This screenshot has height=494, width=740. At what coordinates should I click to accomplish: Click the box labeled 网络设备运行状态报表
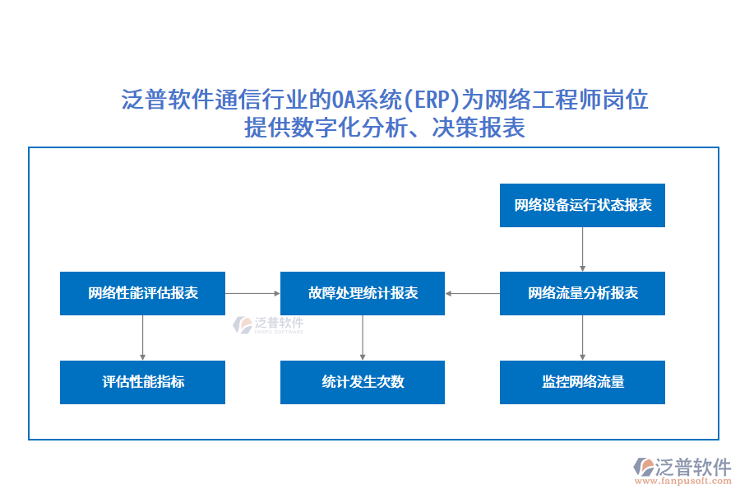(582, 205)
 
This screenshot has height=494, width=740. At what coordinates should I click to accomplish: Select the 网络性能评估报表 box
(142, 293)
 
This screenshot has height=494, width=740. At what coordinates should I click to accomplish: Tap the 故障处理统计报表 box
(363, 293)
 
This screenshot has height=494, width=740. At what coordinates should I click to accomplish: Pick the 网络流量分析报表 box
(582, 293)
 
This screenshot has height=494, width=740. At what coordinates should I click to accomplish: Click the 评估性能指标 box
(142, 382)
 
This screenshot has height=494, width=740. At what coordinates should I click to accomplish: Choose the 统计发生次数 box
(363, 382)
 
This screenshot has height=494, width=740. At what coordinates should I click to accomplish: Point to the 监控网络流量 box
(582, 382)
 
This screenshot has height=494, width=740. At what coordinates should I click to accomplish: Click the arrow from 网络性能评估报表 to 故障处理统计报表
(252, 293)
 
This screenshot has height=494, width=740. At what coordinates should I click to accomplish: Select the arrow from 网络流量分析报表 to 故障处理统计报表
(473, 293)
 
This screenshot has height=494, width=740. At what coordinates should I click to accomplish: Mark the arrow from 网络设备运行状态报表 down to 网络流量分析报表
(582, 249)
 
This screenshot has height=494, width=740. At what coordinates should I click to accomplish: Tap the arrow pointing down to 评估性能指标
(142, 338)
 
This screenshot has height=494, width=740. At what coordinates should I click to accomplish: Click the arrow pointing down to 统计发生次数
(363, 338)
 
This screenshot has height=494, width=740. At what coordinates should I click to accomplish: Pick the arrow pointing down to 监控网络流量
(582, 338)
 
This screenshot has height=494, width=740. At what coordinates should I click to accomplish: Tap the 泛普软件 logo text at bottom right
(692, 467)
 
